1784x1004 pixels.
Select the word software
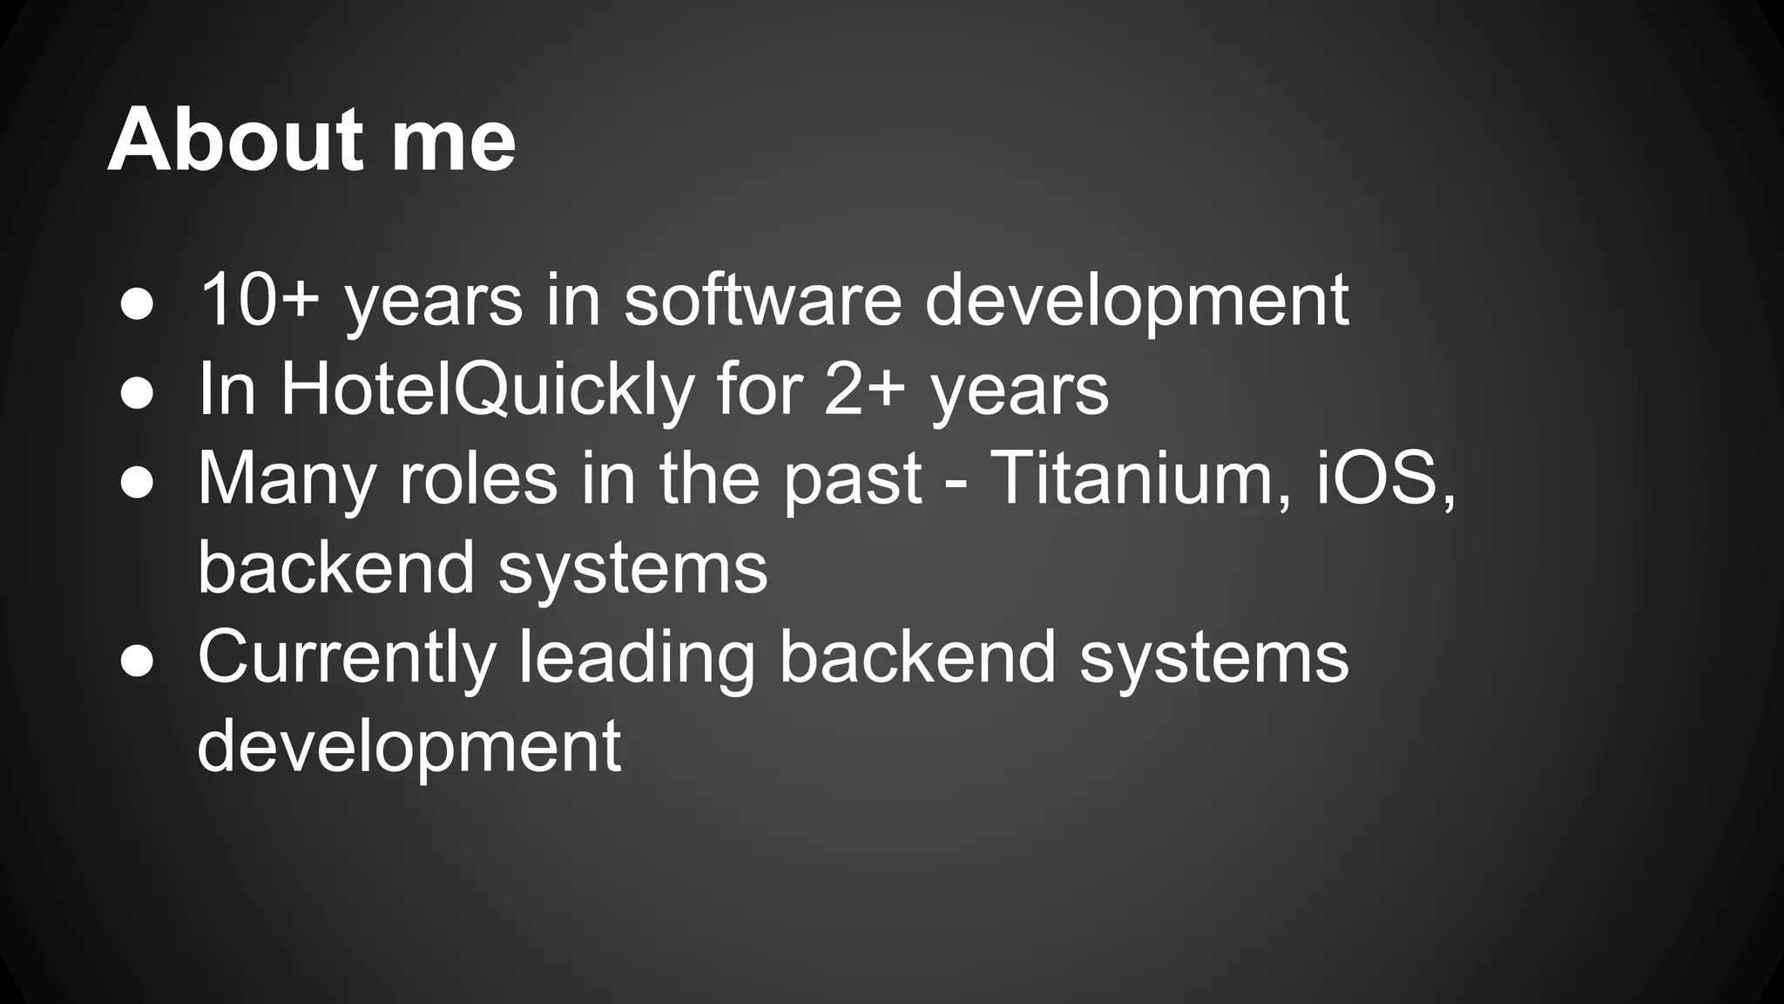click(x=762, y=300)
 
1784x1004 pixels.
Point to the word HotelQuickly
click(x=487, y=390)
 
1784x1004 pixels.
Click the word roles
click(x=478, y=478)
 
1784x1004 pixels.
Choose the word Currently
click(x=347, y=659)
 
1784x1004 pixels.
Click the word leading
click(x=637, y=659)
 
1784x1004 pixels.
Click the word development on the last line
click(x=409, y=748)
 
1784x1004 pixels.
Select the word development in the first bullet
click(x=1136, y=302)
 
